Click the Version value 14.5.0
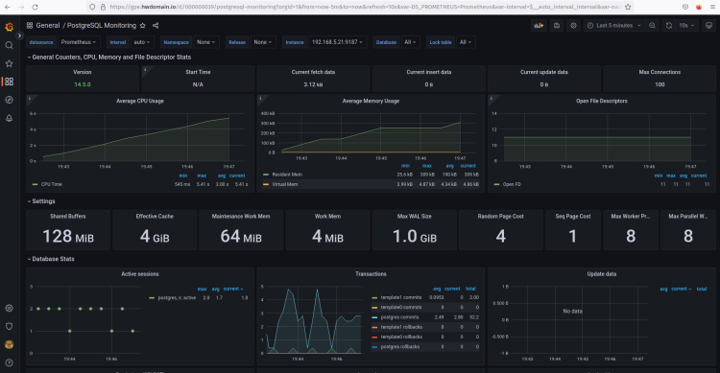83,84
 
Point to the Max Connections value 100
659,84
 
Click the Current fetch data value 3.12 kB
313,84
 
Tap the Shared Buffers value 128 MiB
72,237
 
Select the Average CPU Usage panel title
140,101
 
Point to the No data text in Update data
573,311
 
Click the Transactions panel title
371,273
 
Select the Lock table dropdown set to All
465,42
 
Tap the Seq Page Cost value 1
572,237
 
